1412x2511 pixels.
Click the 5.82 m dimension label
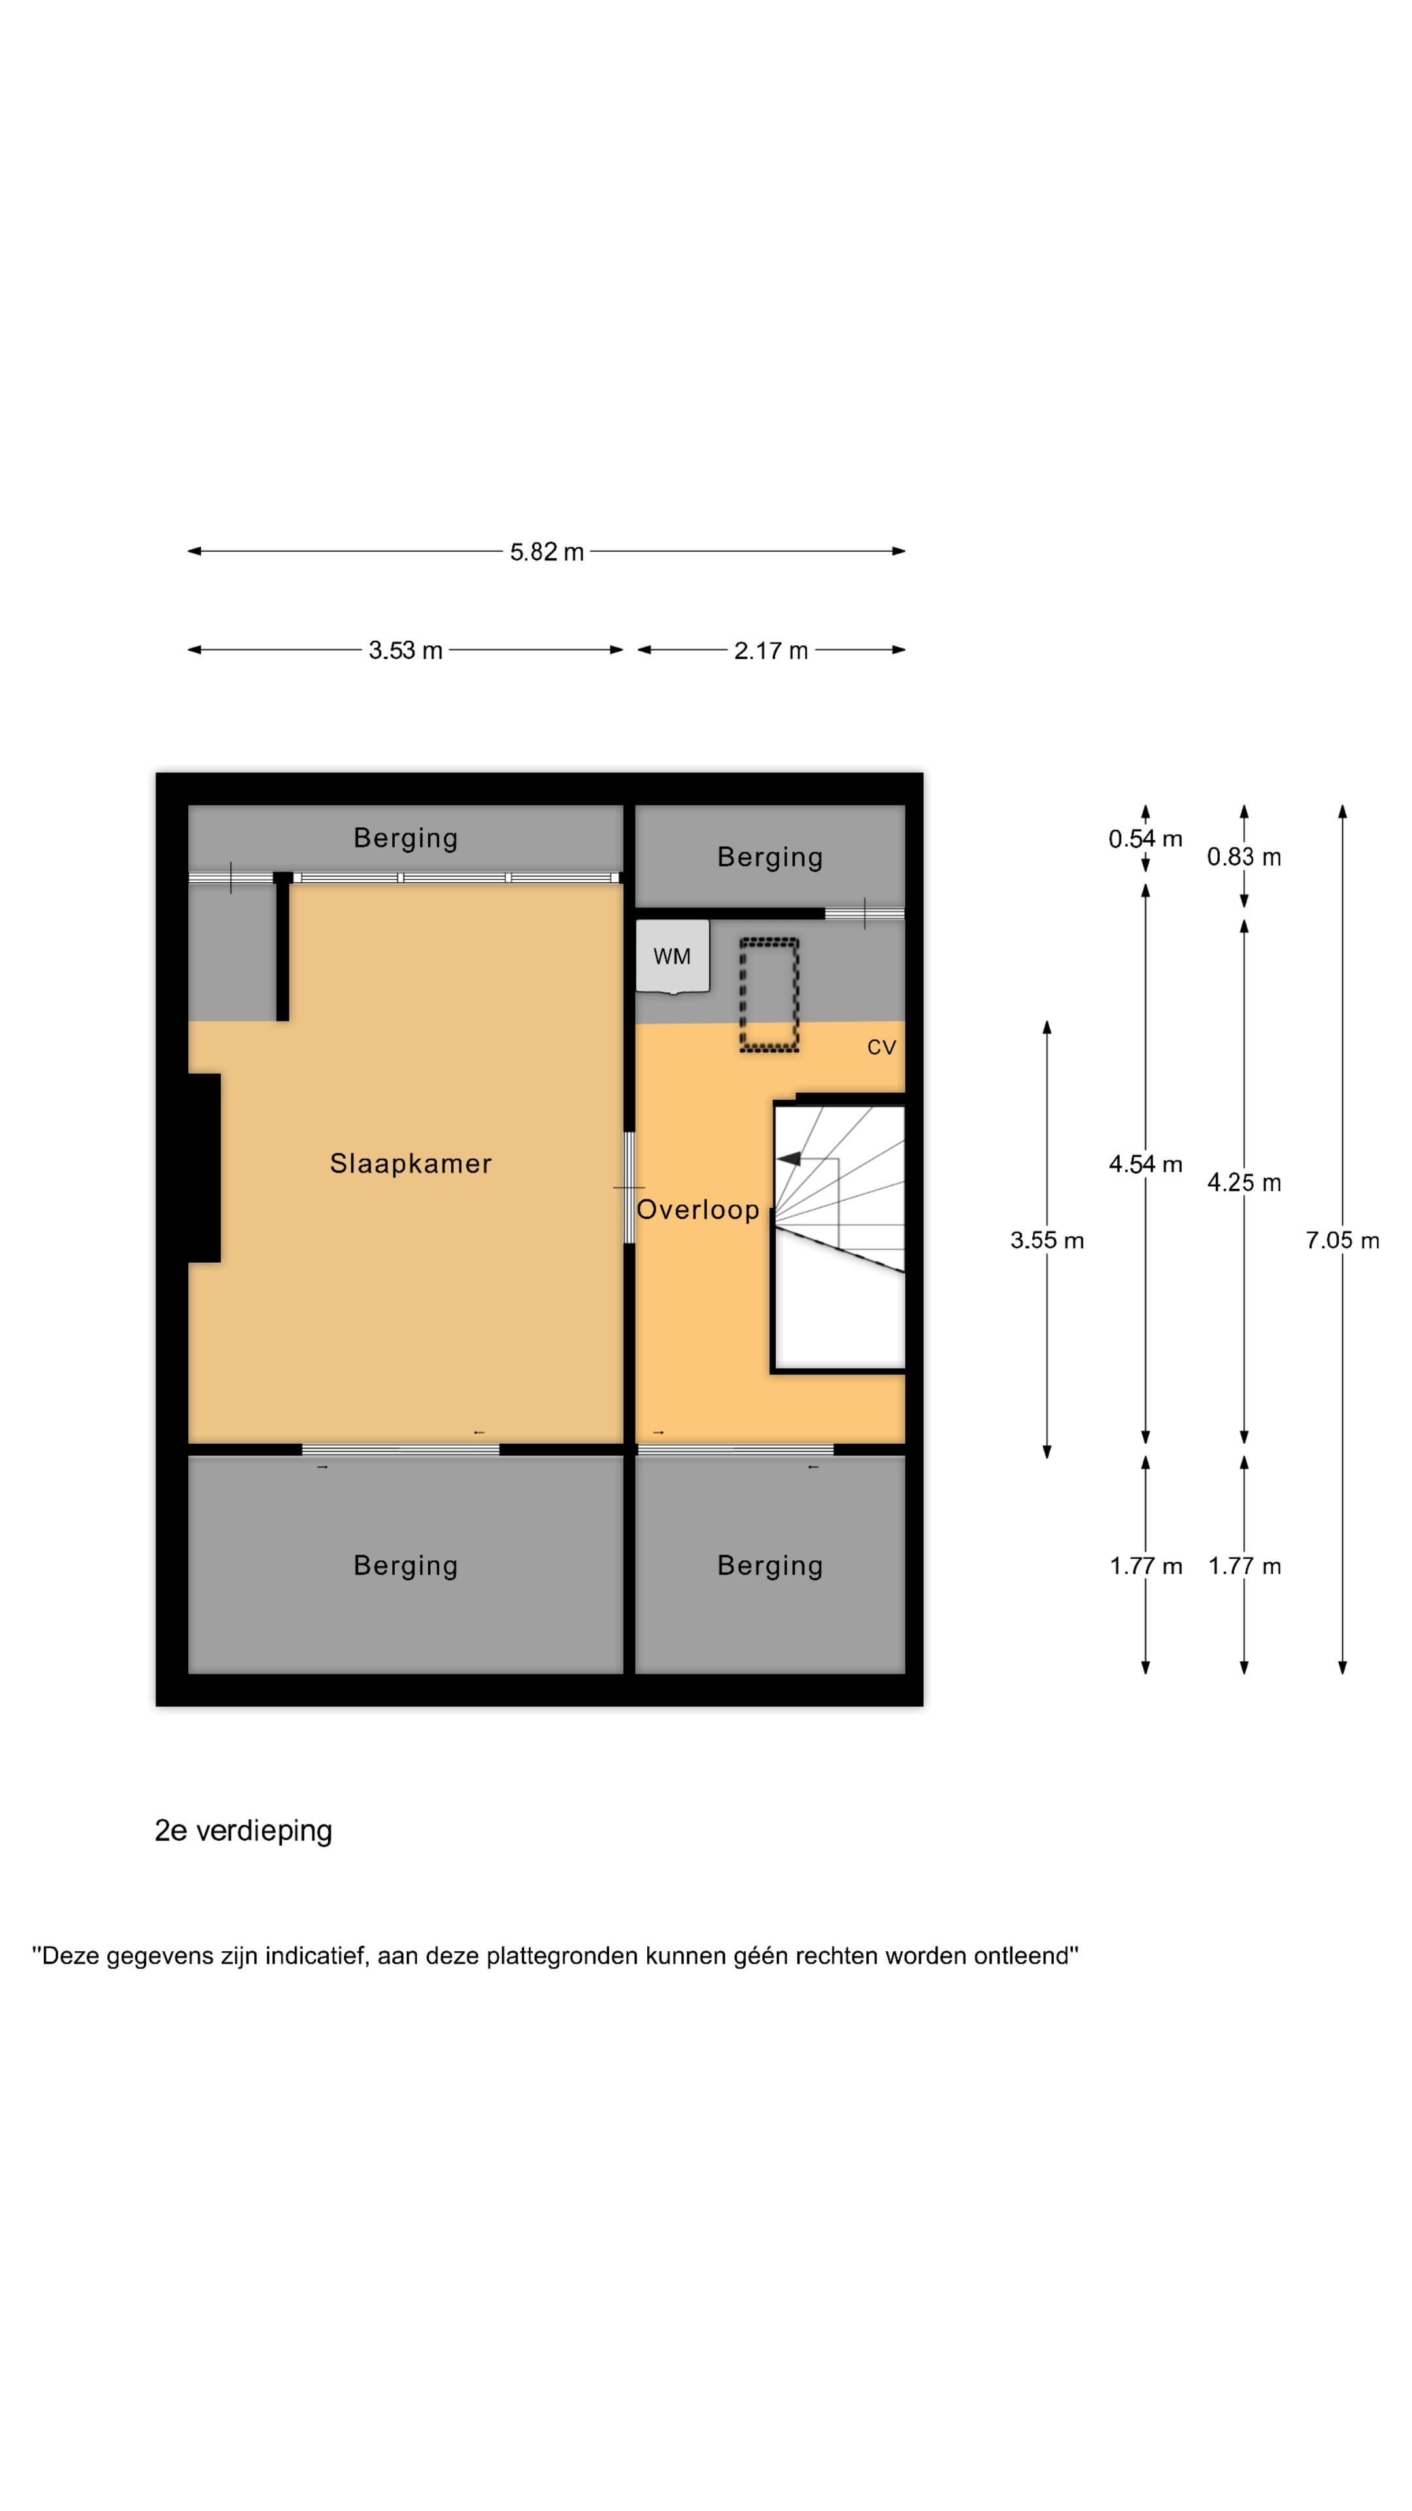click(546, 552)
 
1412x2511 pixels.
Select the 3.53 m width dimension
click(405, 650)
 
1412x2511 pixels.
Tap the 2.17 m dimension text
click(770, 650)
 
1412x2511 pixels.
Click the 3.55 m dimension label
click(1046, 1240)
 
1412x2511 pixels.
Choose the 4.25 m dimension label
click(1243, 1182)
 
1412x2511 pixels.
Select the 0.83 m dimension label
click(1243, 857)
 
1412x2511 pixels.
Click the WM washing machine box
click(671, 956)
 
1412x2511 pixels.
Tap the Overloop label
click(697, 1210)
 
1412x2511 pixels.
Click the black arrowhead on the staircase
click(788, 1158)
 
